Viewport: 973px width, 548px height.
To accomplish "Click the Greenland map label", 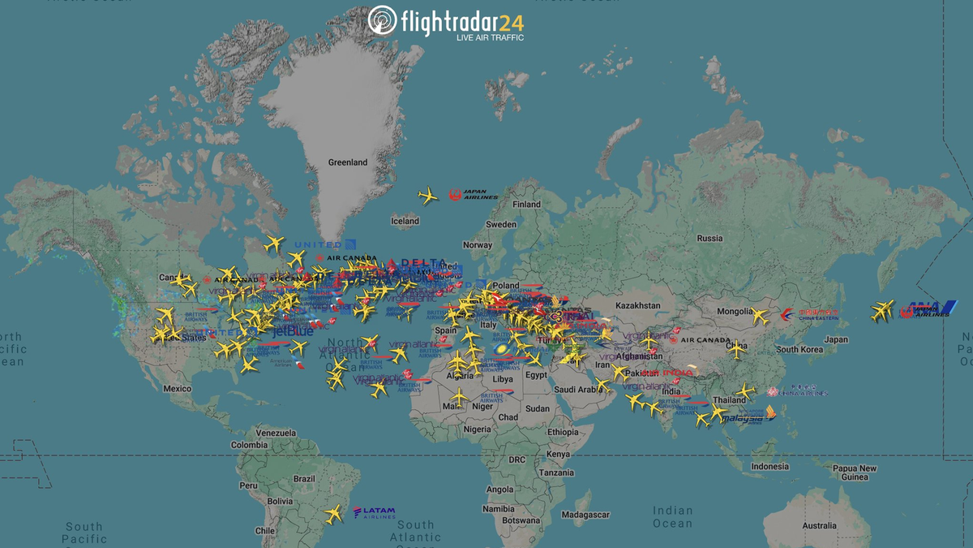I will click(x=347, y=162).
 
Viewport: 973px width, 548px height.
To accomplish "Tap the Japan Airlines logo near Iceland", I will click(x=474, y=195).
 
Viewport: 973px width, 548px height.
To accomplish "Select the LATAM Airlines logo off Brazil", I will click(x=374, y=513).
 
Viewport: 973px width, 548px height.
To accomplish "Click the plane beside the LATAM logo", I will click(x=333, y=514).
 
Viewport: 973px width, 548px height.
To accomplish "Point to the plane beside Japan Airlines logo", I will click(x=428, y=196).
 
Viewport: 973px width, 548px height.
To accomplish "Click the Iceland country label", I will click(x=405, y=221).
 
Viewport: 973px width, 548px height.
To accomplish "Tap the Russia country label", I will click(x=709, y=238).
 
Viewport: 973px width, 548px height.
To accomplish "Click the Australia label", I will click(x=819, y=526).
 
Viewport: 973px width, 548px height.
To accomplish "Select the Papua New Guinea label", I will click(x=855, y=472).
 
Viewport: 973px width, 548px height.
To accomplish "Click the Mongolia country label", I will click(x=735, y=312).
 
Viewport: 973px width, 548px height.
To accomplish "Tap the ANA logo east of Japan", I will click(x=926, y=309).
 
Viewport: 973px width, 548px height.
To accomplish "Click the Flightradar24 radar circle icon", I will click(x=382, y=20).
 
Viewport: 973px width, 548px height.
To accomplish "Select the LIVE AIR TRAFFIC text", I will click(x=490, y=37).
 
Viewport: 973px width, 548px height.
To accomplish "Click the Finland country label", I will click(x=526, y=205).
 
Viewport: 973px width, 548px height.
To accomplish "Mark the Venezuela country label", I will click(x=276, y=433).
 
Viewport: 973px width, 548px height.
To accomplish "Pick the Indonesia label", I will click(x=769, y=467).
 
